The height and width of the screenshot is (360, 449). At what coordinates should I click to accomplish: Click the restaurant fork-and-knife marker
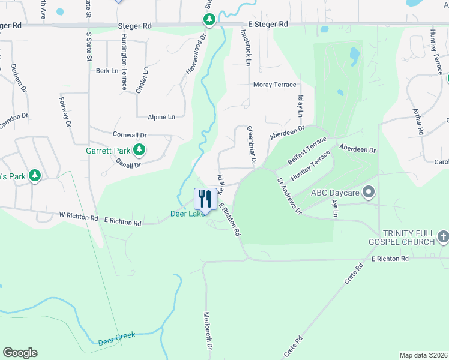click(x=205, y=198)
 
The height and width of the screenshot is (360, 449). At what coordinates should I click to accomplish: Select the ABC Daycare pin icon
click(x=369, y=193)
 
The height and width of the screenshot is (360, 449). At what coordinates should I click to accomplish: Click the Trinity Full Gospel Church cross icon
click(x=442, y=236)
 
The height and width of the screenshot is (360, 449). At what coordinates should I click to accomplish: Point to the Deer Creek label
click(x=116, y=339)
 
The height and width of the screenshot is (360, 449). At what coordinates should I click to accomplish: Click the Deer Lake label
click(x=186, y=213)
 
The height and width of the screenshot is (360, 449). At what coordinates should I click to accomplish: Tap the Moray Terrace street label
click(x=275, y=85)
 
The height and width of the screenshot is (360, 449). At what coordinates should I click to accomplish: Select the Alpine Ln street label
click(x=163, y=116)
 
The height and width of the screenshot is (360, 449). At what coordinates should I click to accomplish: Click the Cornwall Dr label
click(x=129, y=135)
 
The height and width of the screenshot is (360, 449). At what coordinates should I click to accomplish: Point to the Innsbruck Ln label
click(x=247, y=47)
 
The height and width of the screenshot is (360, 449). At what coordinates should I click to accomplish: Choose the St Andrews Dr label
click(x=289, y=197)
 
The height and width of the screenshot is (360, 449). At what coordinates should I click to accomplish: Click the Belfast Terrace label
click(x=307, y=150)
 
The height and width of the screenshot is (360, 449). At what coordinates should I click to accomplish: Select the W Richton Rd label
click(x=78, y=215)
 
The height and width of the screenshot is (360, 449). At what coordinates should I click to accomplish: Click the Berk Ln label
click(x=107, y=71)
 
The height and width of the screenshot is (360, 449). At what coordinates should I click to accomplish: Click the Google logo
click(x=20, y=353)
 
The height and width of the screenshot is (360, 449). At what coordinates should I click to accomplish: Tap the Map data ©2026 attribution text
click(x=423, y=355)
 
